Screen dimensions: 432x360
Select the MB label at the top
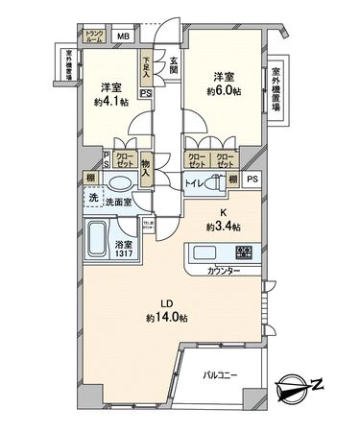coord(122,37)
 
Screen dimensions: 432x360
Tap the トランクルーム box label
coord(94,37)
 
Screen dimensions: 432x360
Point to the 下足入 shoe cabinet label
coord(146,63)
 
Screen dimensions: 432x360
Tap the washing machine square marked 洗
coord(93,198)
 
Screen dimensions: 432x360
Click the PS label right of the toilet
coord(252,179)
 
